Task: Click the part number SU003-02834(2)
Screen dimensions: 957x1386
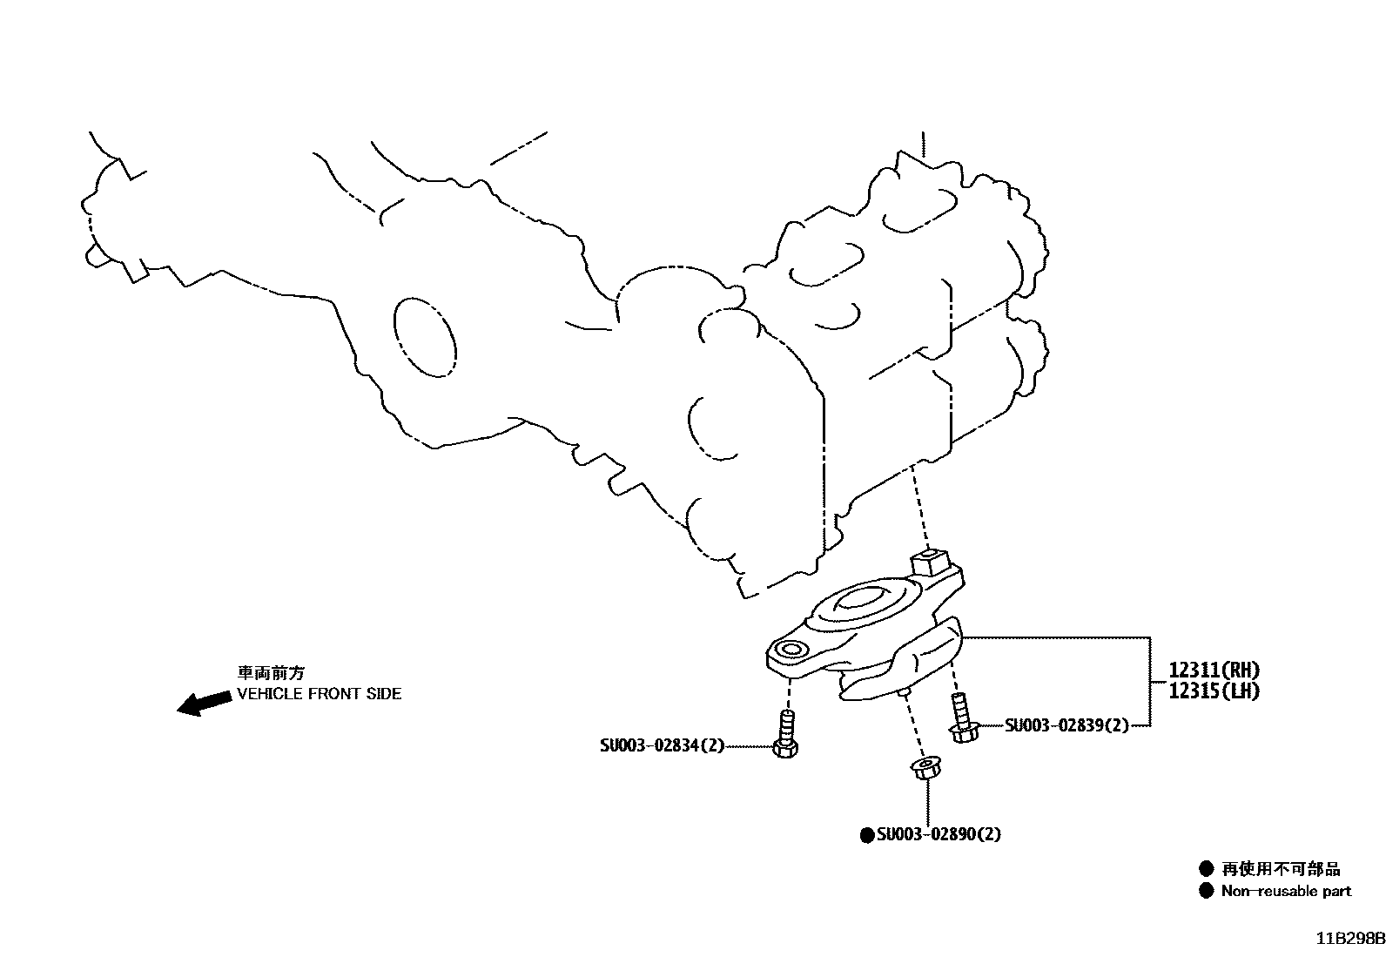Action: click(662, 746)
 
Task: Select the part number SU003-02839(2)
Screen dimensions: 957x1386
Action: click(1066, 725)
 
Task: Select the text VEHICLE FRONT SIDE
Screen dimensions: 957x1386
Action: click(320, 694)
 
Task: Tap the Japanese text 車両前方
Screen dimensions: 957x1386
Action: click(272, 673)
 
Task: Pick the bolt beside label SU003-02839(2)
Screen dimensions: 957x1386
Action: click(962, 719)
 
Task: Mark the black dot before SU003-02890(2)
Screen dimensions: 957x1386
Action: click(866, 835)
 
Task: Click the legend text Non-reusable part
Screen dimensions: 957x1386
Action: click(1286, 891)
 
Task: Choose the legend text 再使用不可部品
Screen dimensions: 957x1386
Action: click(1281, 869)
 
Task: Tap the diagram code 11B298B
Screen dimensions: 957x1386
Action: click(1349, 940)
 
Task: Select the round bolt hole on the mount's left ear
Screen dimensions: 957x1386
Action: click(792, 649)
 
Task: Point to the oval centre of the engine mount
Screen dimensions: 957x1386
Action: click(862, 601)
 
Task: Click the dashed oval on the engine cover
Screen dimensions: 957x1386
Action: click(424, 336)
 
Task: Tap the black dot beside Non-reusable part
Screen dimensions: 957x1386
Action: click(1206, 891)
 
